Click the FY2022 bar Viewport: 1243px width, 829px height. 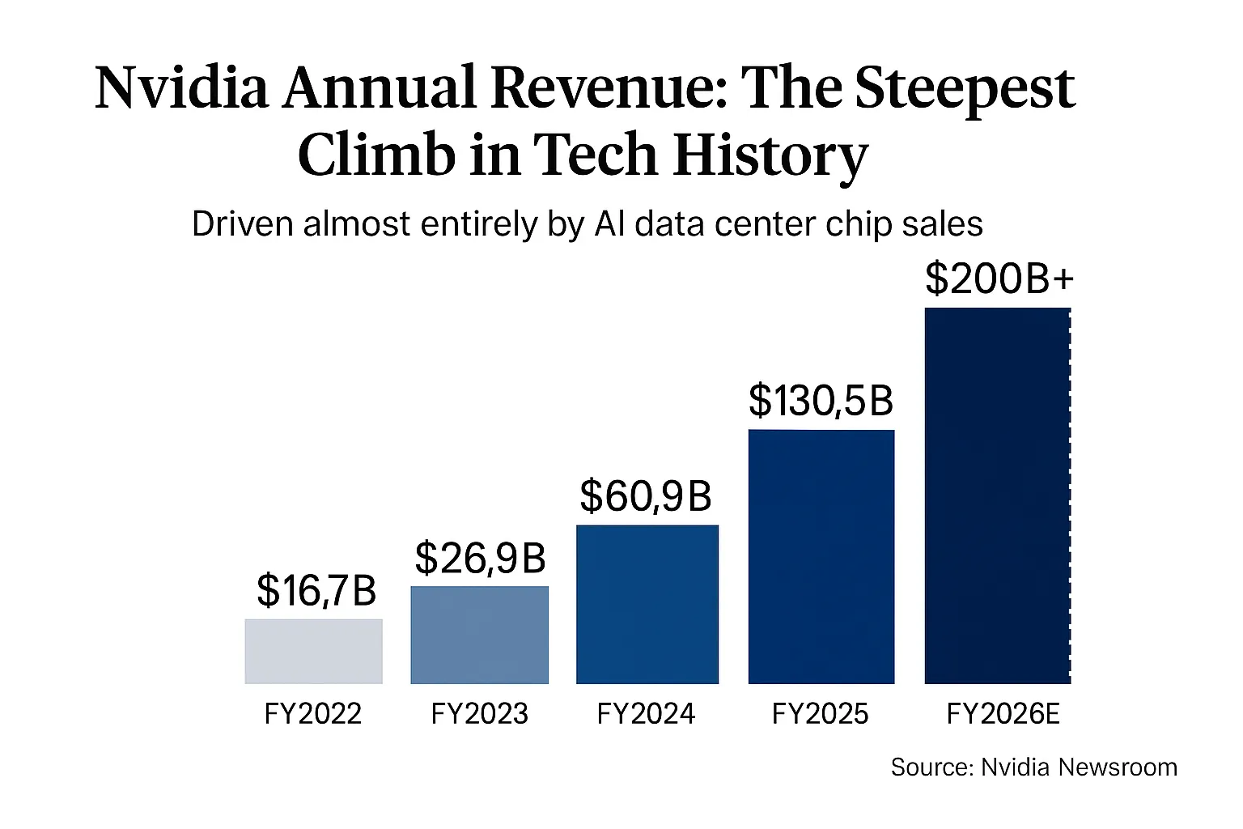[313, 652]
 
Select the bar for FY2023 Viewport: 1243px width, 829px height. [479, 636]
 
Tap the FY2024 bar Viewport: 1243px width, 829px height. [647, 605]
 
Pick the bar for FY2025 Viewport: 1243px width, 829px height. [821, 557]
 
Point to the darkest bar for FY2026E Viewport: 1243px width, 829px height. [997, 495]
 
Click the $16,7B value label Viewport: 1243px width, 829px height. [316, 590]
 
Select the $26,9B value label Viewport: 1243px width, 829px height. [480, 558]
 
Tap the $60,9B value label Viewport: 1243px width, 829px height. [646, 496]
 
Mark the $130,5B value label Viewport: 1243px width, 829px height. [821, 400]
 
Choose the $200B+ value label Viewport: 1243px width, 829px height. [999, 279]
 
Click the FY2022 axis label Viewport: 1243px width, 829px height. [313, 714]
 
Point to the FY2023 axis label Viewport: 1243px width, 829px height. [479, 714]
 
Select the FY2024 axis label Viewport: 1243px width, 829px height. [646, 714]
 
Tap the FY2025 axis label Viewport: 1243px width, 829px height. [820, 714]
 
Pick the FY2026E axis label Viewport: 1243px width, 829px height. [1003, 714]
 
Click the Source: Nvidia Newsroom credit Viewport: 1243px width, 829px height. [1033, 767]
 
